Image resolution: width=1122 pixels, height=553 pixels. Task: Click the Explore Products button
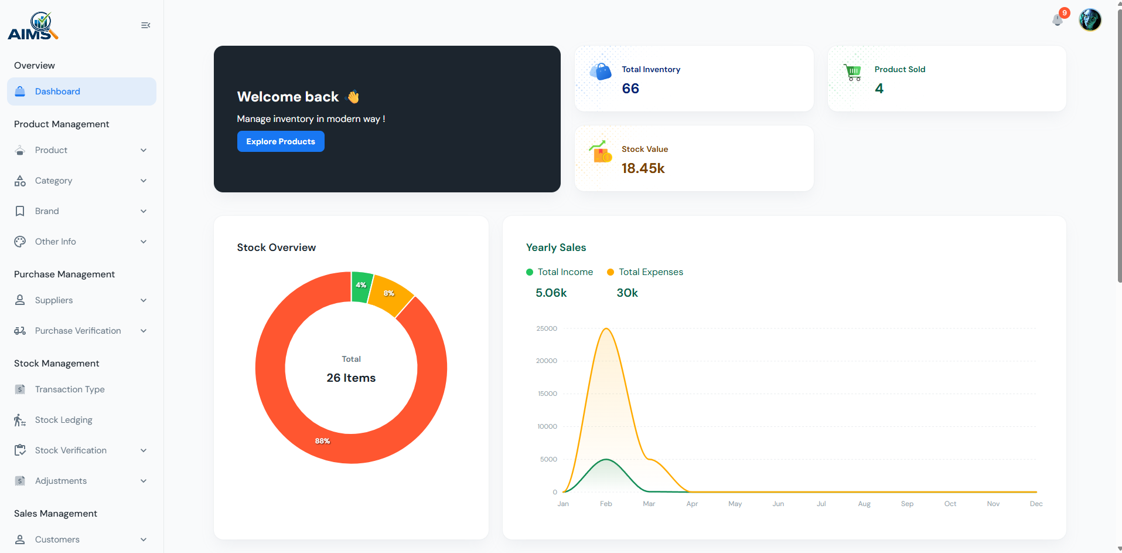(x=281, y=141)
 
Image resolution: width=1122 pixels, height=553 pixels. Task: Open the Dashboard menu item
(x=57, y=91)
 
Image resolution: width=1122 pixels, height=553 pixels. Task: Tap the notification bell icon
(x=1058, y=20)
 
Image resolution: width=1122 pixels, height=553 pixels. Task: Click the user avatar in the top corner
(x=1090, y=20)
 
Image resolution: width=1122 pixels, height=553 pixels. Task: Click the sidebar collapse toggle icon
(x=145, y=25)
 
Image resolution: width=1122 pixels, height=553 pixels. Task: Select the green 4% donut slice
(x=362, y=286)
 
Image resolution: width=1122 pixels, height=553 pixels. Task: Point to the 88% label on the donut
(x=322, y=441)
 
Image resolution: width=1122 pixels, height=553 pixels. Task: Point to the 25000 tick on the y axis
(x=546, y=328)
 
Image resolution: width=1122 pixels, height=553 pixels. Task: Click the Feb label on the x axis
(x=606, y=504)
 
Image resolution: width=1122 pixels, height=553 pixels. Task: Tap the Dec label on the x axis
(x=1036, y=504)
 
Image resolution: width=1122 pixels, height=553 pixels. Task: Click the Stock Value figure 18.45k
(x=643, y=168)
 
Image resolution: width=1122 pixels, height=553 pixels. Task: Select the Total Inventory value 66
(x=630, y=89)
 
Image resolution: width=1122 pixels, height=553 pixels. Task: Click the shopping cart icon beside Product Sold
(x=853, y=72)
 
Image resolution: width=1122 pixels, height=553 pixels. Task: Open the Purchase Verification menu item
(x=78, y=331)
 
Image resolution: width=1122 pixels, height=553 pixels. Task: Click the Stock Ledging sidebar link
(x=63, y=420)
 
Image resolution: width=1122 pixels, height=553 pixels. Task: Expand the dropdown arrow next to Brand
(x=144, y=211)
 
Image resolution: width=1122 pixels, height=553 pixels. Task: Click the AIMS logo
(x=33, y=26)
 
